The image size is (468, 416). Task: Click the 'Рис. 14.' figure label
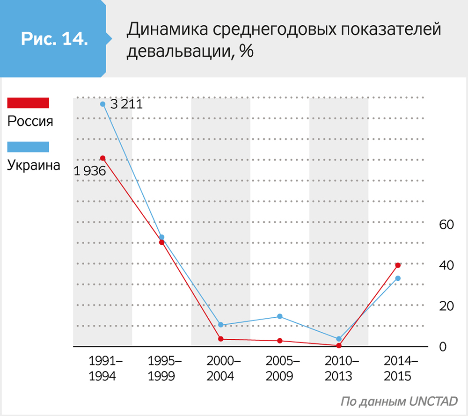click(54, 38)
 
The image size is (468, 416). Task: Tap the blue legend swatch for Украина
click(28, 147)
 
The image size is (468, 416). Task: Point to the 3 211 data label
click(125, 104)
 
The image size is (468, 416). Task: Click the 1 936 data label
click(89, 171)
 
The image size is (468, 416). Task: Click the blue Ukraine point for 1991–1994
click(102, 104)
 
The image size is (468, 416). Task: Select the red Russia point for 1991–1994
click(102, 158)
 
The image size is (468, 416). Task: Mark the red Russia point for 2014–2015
click(398, 265)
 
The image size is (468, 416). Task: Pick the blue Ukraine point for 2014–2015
click(398, 278)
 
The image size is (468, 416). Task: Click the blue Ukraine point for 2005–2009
click(280, 316)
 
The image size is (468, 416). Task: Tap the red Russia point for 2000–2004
click(220, 339)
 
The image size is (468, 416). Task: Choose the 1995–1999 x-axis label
click(161, 368)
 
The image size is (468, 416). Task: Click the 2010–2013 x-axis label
click(339, 368)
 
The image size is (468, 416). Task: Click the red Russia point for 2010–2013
click(339, 345)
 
